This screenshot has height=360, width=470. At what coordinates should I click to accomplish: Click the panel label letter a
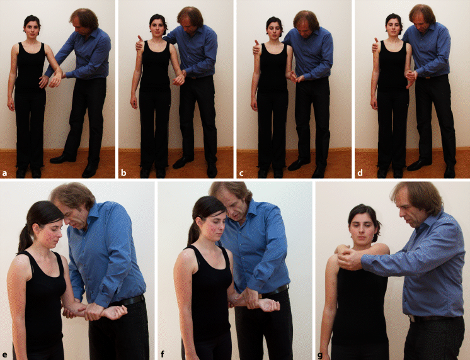tap(4, 173)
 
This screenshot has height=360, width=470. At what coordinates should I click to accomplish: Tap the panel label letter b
tap(123, 173)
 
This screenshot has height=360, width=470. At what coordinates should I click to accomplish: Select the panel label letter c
tap(241, 173)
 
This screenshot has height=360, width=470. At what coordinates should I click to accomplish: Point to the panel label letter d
tap(360, 173)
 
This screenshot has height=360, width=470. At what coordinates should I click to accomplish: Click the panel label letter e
tap(4, 355)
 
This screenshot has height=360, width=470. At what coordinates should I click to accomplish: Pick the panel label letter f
tap(162, 354)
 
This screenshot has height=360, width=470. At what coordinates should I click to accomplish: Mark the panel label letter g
tap(320, 355)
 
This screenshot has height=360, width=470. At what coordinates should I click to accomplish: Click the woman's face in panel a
tap(32, 29)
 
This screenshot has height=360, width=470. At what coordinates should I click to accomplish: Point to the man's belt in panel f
tap(274, 291)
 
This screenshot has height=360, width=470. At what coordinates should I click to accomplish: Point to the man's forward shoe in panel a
tap(62, 159)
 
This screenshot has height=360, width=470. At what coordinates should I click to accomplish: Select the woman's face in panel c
tap(274, 31)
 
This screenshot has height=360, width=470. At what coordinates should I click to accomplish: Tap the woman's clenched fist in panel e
tap(114, 312)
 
